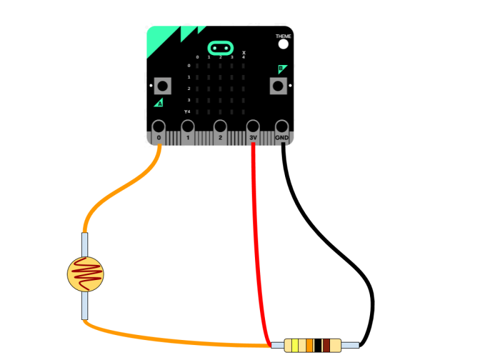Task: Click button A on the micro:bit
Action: [x=162, y=86]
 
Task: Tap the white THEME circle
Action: [x=283, y=44]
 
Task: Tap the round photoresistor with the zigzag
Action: [x=86, y=274]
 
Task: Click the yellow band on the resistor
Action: [x=295, y=345]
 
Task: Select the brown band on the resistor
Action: [x=326, y=345]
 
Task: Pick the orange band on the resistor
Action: [x=309, y=345]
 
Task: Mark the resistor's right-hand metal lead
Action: [x=350, y=345]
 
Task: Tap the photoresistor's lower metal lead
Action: [x=85, y=306]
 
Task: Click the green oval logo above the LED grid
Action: [x=220, y=47]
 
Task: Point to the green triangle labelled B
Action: [x=282, y=69]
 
